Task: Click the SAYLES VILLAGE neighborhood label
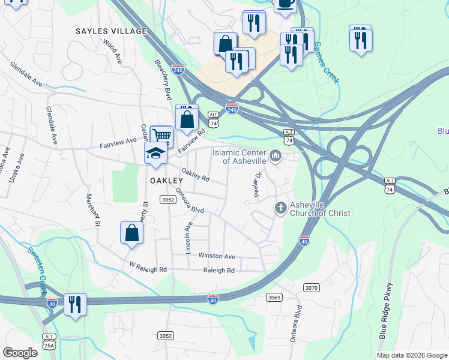tap(111, 31)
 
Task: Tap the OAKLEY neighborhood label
tap(166, 180)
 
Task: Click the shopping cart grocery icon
tap(161, 136)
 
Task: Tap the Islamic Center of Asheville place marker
tap(276, 157)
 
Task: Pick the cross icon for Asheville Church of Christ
tap(280, 208)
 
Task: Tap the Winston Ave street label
tap(217, 256)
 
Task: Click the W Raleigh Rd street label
tap(148, 266)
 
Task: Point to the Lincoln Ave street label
tap(188, 238)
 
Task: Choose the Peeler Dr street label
tap(259, 184)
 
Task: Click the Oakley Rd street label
tap(195, 175)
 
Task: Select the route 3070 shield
tap(311, 288)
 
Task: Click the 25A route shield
tap(49, 345)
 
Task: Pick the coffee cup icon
tap(285, 3)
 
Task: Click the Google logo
tap(20, 353)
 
